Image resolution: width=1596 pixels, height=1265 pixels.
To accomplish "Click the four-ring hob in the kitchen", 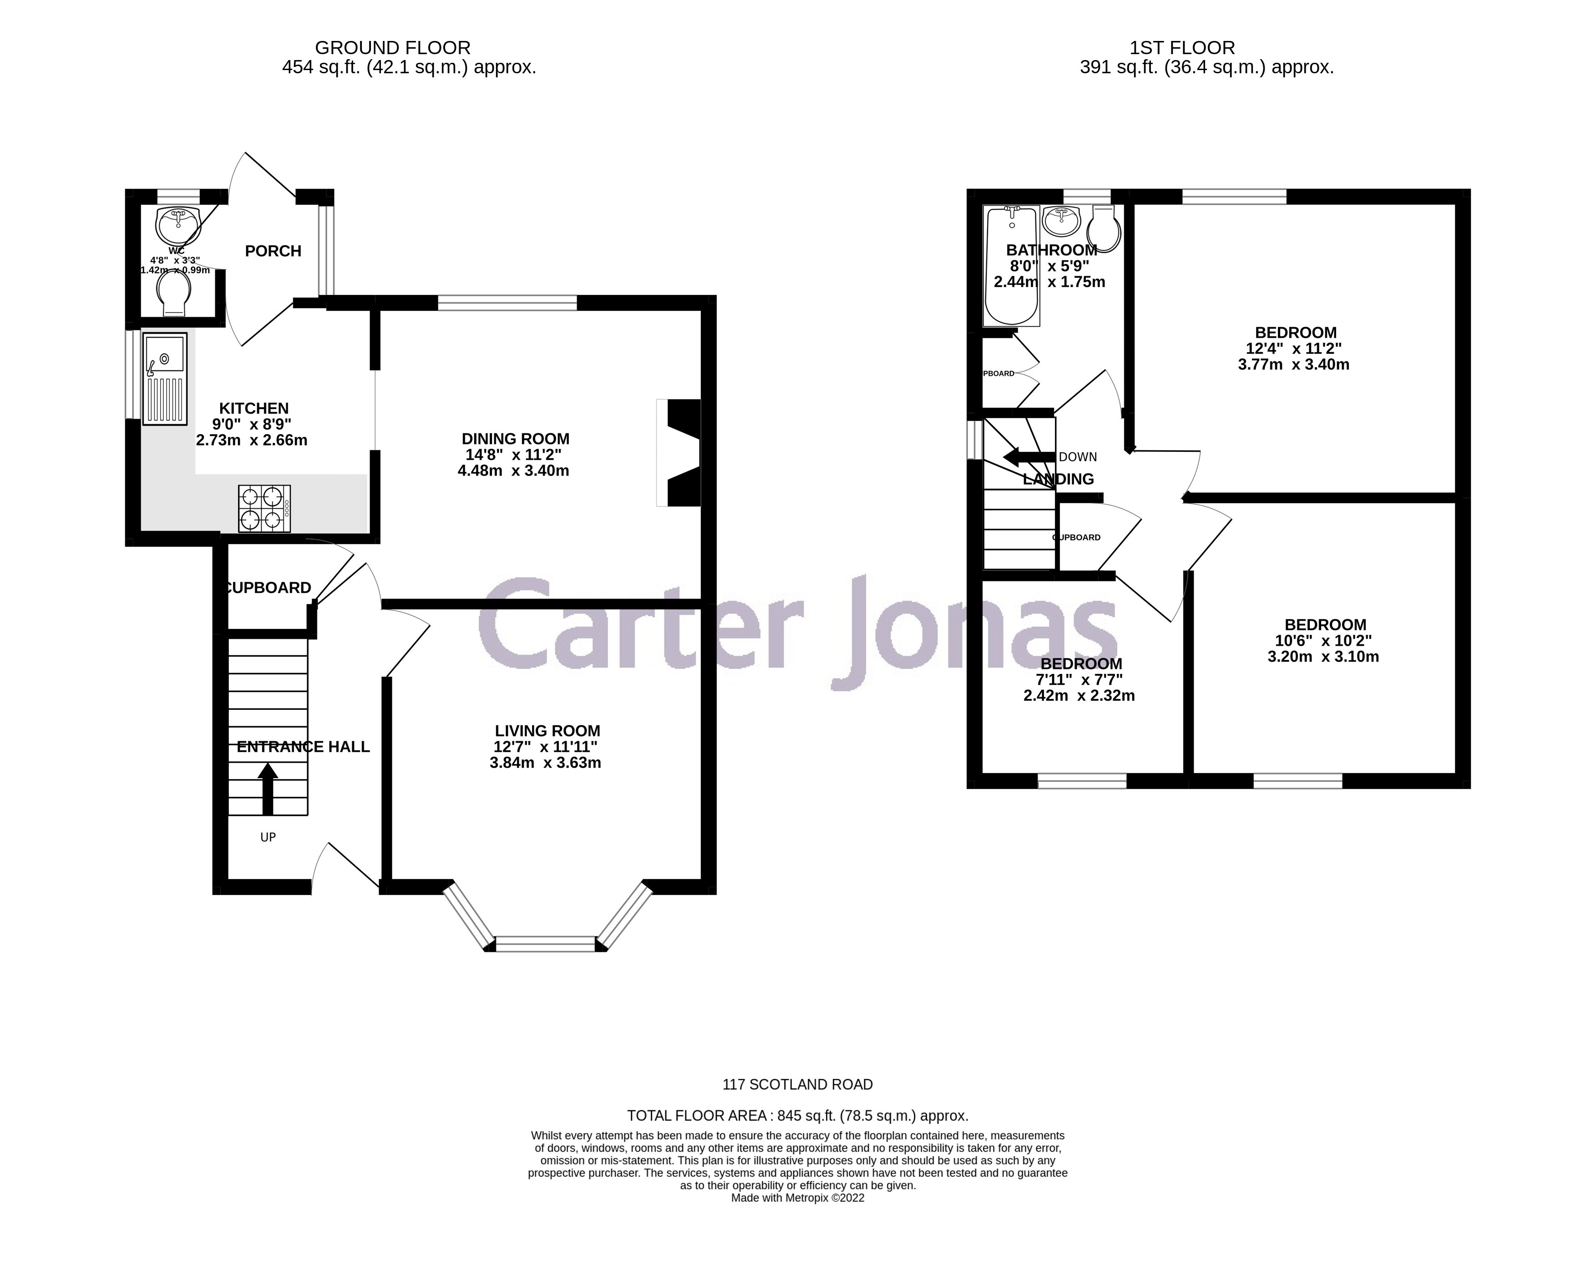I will (264, 509).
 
